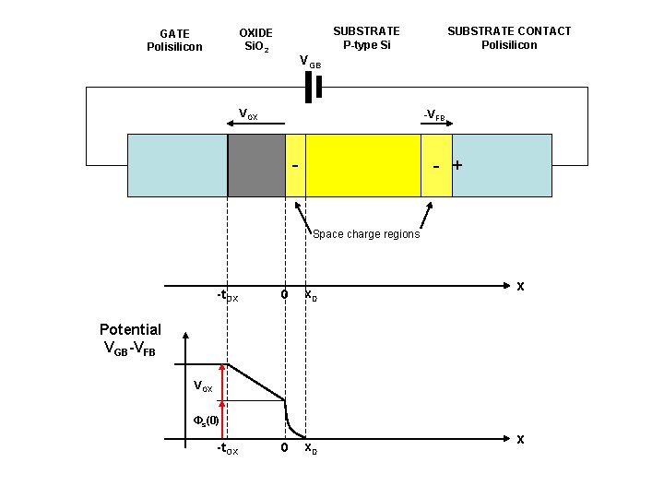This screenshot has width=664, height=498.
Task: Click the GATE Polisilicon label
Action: [174, 41]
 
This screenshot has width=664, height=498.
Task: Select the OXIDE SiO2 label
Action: [255, 40]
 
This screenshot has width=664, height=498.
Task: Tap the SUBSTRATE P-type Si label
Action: [366, 38]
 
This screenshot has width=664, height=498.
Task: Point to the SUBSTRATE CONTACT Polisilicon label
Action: [509, 38]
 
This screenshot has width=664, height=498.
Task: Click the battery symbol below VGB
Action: [313, 87]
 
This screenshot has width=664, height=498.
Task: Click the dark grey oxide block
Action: [256, 165]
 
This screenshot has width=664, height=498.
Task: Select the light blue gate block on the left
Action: [177, 165]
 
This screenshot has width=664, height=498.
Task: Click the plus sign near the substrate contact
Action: [456, 166]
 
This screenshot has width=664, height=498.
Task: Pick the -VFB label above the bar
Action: [434, 116]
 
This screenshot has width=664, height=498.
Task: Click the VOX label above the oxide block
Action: [248, 114]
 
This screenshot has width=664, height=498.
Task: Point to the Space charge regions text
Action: [366, 234]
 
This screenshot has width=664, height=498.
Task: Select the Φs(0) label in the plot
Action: [206, 421]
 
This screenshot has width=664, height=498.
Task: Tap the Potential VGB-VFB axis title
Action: [130, 338]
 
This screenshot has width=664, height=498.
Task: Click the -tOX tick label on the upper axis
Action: [226, 296]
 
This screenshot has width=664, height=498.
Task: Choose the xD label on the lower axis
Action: [312, 448]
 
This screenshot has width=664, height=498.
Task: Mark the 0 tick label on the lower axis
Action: [285, 448]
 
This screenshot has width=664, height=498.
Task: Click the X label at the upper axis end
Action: [520, 287]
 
